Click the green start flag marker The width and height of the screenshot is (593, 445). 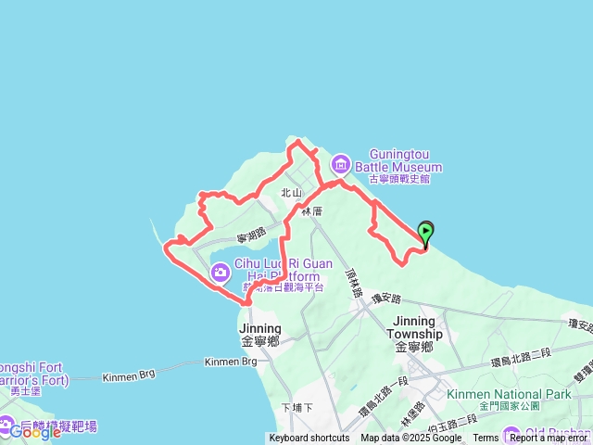pyautogui.click(x=425, y=232)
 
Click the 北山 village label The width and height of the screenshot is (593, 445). pyautogui.click(x=292, y=193)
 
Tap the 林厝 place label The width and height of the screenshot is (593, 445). pyautogui.click(x=311, y=212)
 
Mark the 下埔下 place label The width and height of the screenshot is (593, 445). pyautogui.click(x=296, y=407)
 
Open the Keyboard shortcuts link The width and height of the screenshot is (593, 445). pyautogui.click(x=309, y=439)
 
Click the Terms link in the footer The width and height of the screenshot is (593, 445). pyautogui.click(x=486, y=439)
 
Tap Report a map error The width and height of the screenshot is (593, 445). pyautogui.click(x=549, y=439)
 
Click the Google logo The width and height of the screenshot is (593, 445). pyautogui.click(x=34, y=431)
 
